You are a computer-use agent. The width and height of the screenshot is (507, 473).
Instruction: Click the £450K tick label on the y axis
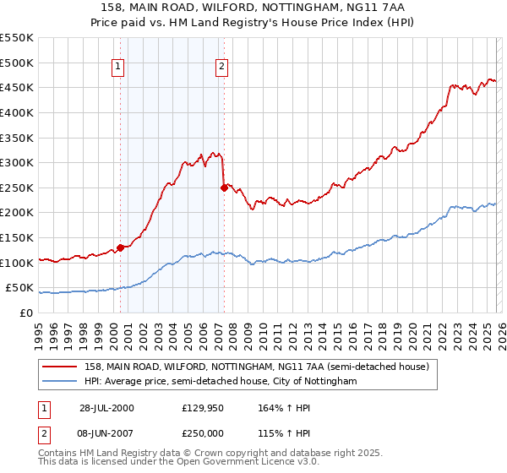17,88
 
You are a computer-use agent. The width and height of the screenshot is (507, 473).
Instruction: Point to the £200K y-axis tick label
17,213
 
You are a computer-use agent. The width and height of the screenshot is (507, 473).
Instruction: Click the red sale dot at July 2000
121,247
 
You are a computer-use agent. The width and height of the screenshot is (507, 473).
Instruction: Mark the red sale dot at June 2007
224,188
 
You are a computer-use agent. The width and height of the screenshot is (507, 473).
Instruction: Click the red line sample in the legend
60,367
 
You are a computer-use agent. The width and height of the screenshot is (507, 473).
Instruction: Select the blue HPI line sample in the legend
60,382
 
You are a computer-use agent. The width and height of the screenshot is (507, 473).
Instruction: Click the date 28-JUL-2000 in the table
106,408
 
